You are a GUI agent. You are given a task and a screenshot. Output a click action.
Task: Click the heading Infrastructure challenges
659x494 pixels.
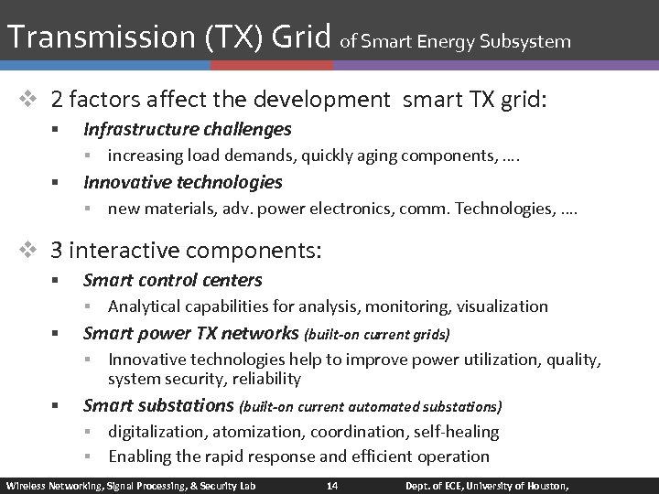187,130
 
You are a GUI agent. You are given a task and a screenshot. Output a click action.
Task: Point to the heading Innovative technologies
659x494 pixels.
182,182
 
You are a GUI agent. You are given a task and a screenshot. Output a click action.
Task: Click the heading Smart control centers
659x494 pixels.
172,280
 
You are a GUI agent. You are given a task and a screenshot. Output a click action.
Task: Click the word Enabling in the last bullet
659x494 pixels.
139,456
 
